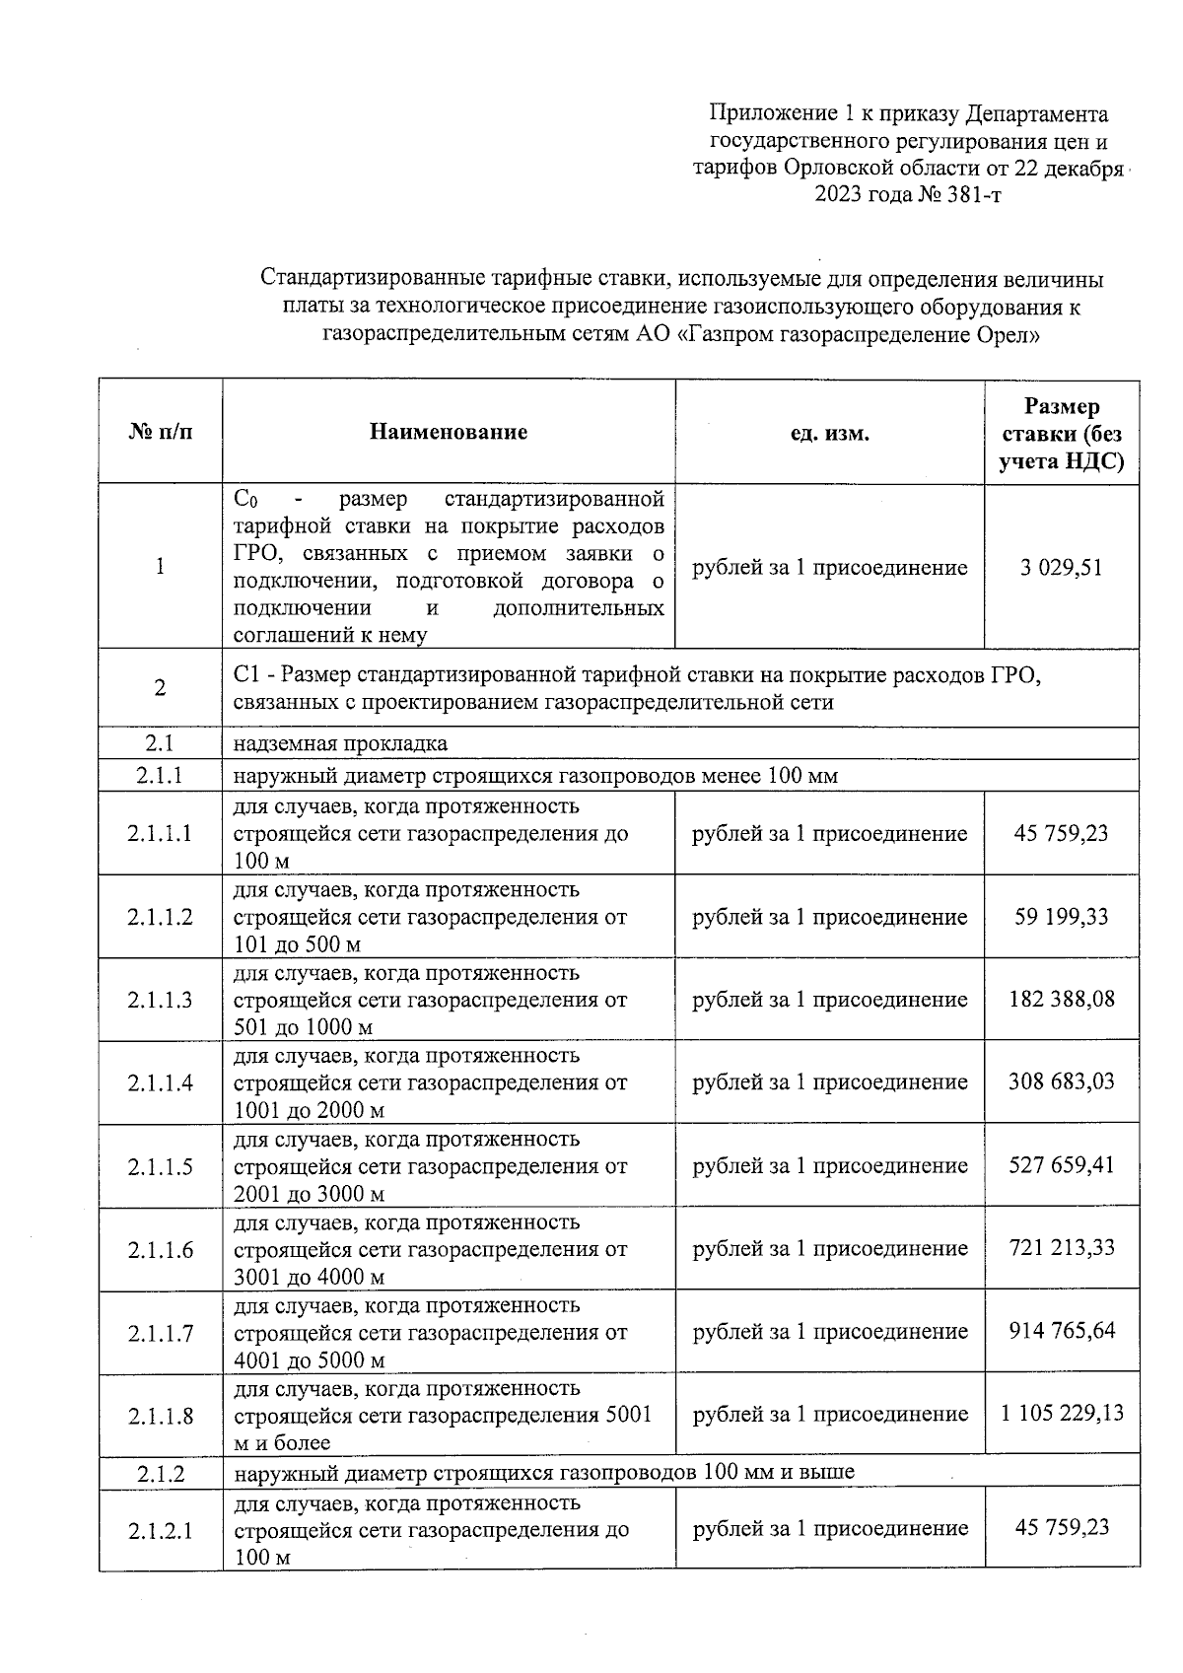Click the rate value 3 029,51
1061,568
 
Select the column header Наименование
449,432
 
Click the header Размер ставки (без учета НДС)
1061,434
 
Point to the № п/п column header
161,432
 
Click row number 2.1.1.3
161,1000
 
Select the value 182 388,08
1061,999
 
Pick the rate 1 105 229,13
1061,1414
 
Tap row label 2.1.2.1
161,1531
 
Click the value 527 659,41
1061,1165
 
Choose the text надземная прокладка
340,743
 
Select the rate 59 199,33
1061,917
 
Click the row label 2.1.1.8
161,1417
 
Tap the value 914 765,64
1061,1331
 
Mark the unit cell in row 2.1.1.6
829,1249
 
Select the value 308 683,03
1061,1081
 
